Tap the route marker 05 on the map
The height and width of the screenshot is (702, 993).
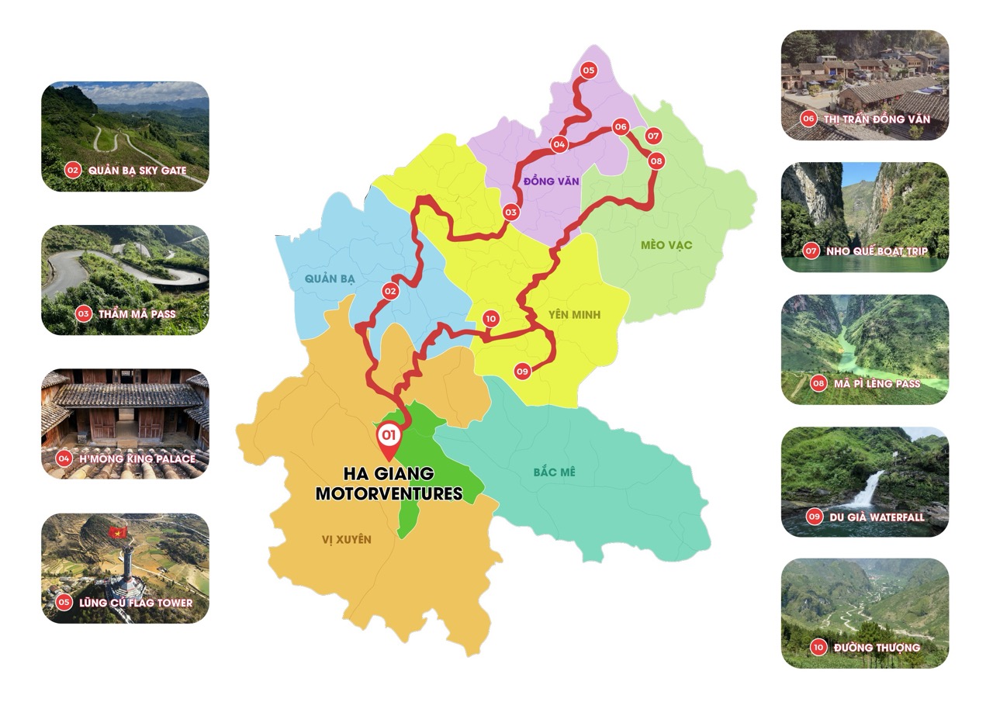(588, 71)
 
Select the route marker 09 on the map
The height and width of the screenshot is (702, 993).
(522, 372)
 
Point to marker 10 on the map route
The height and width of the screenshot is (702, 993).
(490, 318)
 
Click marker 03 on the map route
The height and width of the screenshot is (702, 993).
(510, 212)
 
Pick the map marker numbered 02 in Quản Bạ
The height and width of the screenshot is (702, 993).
(390, 292)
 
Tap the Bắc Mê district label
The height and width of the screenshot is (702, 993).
(554, 472)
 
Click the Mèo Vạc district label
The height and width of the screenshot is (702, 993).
(666, 245)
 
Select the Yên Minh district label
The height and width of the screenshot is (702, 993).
(574, 314)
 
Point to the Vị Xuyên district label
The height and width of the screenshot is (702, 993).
(346, 539)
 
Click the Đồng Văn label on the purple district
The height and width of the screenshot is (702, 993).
(545, 181)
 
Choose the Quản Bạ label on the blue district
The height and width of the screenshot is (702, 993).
(330, 278)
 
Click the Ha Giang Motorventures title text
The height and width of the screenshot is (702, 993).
(389, 483)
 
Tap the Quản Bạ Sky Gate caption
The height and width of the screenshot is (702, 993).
(137, 170)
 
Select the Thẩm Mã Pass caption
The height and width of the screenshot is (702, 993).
(137, 314)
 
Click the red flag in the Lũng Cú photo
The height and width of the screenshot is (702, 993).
(118, 532)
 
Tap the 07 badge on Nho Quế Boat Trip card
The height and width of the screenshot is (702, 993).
(811, 251)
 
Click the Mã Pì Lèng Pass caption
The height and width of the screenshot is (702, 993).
(876, 383)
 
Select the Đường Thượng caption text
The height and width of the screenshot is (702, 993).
(876, 647)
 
